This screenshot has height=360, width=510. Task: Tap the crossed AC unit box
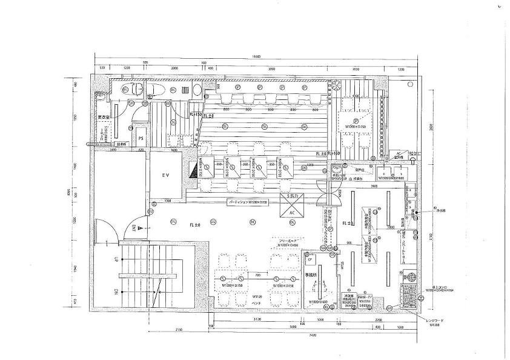pyautogui.click(x=292, y=207)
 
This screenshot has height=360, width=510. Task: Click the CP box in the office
pyautogui.click(x=310, y=260)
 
